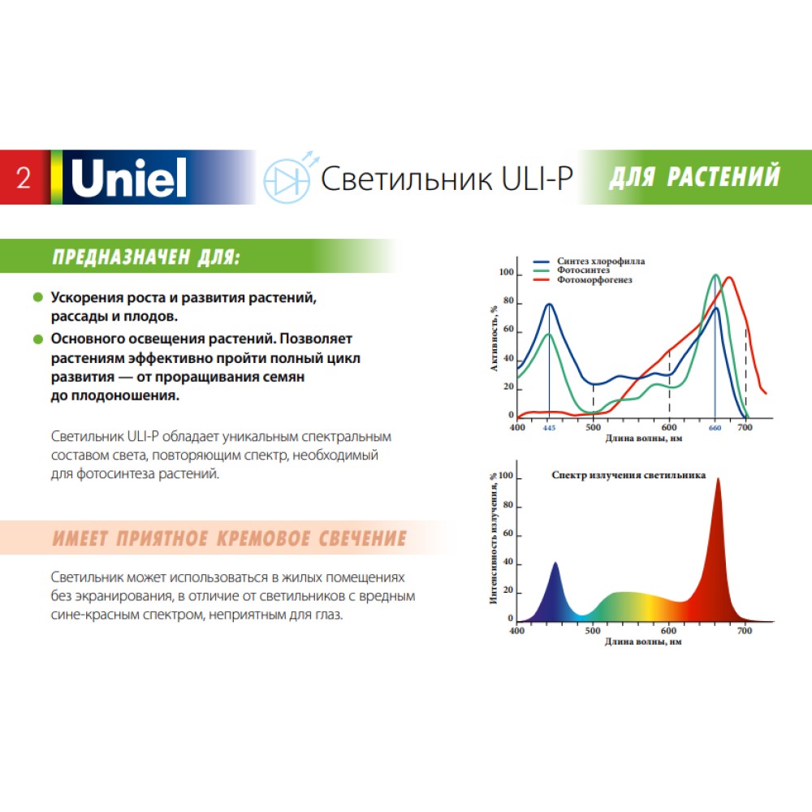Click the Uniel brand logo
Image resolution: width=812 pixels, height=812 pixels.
(x=128, y=178)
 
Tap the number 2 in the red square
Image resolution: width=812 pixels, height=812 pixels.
(x=24, y=178)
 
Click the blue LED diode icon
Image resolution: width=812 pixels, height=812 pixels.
(x=288, y=178)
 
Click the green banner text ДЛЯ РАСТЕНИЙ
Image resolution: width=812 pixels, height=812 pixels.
(x=694, y=176)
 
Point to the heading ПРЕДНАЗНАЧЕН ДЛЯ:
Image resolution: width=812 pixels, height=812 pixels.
(x=146, y=257)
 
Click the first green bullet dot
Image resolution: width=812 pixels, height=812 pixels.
(x=38, y=297)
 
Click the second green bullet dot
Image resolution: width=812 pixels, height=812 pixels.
(x=38, y=339)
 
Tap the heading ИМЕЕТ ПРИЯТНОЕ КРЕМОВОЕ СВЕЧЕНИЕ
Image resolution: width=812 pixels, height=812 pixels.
(x=230, y=538)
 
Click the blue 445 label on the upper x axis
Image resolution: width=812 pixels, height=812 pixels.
(x=549, y=428)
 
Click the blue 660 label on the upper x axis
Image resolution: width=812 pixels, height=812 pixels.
(x=715, y=428)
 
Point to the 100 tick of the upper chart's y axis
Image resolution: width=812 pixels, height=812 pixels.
(x=507, y=272)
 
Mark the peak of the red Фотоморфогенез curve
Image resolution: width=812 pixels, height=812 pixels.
(x=729, y=278)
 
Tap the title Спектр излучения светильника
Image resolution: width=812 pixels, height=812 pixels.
(x=628, y=475)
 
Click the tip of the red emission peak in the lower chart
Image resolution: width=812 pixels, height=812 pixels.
(x=718, y=479)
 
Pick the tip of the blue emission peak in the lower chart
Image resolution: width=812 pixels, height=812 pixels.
(x=555, y=563)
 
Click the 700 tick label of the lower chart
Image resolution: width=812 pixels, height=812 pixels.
(x=744, y=631)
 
